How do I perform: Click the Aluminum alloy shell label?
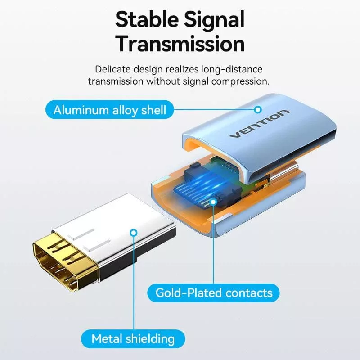[110, 110]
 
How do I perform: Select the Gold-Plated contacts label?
[214, 293]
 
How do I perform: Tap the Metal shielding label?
[133, 338]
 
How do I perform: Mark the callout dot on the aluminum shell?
[258, 109]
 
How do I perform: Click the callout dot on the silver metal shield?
[133, 233]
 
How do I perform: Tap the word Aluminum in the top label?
[80, 110]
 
